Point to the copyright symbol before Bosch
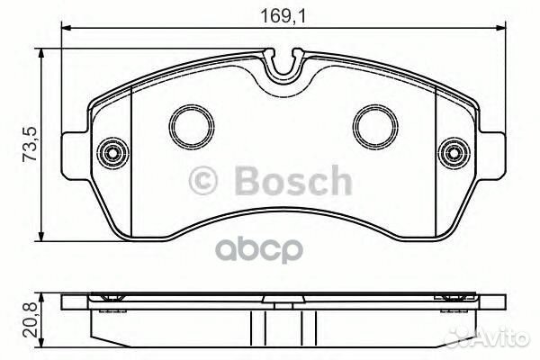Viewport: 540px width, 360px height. (x=202, y=183)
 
